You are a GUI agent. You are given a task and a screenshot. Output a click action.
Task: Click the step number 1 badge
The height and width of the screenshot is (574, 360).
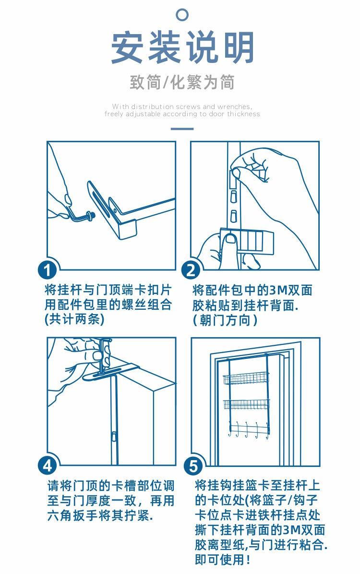[x=47, y=270]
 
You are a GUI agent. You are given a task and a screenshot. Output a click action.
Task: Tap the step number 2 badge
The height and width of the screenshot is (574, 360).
[x=191, y=270]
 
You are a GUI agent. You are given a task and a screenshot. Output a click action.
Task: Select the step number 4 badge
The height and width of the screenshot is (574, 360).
[x=48, y=466]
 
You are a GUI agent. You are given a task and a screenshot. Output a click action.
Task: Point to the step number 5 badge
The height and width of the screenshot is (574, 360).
[x=193, y=466]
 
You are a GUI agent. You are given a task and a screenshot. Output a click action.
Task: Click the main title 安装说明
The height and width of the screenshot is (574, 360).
[x=182, y=48]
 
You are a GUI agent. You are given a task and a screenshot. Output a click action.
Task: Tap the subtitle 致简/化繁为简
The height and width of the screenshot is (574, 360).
[x=182, y=82]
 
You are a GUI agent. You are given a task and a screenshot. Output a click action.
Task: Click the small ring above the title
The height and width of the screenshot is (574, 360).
[x=182, y=14]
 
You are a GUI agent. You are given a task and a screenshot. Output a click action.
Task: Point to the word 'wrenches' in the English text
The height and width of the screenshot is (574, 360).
[x=234, y=107]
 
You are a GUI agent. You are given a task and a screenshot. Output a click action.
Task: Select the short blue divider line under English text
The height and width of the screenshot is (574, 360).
[x=182, y=129]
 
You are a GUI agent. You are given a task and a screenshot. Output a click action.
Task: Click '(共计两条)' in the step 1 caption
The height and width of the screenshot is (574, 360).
[x=74, y=319]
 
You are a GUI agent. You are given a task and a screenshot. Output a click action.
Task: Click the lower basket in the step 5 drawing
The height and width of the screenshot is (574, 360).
[x=246, y=404]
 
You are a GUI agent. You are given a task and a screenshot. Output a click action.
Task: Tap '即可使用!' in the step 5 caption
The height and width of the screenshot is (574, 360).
[x=222, y=560]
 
